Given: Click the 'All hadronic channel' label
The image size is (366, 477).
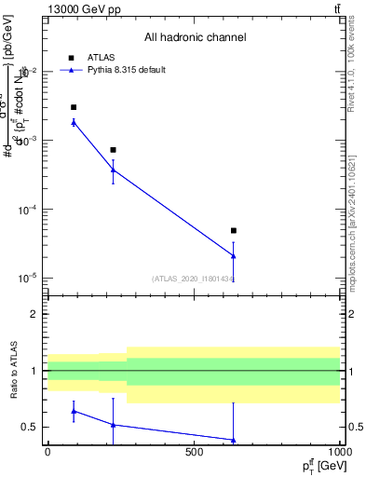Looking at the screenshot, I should (x=195, y=38).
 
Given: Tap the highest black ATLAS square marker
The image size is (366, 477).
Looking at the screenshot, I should (x=74, y=107).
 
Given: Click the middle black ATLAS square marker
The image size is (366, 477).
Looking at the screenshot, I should (x=113, y=150).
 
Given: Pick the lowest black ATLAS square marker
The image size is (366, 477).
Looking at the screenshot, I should (x=234, y=230).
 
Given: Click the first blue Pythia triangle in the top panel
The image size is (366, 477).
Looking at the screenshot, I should (x=74, y=122).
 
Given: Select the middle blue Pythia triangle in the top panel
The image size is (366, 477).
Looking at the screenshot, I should (x=113, y=169).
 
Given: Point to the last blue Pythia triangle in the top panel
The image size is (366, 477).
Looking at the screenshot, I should (x=234, y=255).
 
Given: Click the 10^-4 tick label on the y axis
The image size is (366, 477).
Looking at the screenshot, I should (x=27, y=210).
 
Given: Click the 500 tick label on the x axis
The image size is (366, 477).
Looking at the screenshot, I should (x=194, y=452).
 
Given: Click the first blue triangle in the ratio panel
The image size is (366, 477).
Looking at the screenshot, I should (x=74, y=411).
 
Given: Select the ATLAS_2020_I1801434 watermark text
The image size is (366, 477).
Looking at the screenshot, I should (x=194, y=279).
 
